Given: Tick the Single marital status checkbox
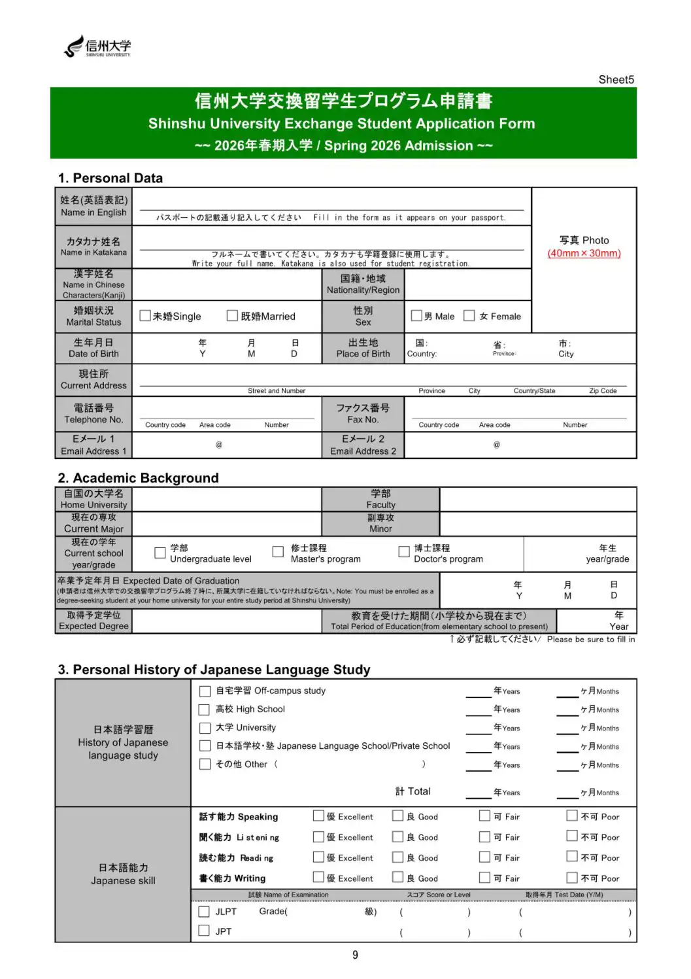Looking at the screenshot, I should coord(145,316).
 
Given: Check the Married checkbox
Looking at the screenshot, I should coord(232,316).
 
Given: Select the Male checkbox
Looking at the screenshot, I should coord(416,316).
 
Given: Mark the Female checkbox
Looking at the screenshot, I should coord(469,316).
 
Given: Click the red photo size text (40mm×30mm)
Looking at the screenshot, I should coord(584,253).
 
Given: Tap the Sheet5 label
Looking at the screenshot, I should coord(616,80).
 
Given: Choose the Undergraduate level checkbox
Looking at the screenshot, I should coord(160,553).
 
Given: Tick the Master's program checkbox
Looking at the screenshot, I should coord(278,552).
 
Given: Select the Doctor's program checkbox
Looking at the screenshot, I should coord(404,552).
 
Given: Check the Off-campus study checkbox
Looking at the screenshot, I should coord(205,691).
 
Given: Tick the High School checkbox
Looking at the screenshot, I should coord(204,710).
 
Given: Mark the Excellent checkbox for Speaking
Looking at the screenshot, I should coord(318,816).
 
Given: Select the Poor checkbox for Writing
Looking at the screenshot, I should coord(572,878).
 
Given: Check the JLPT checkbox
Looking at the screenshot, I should coord(204,912).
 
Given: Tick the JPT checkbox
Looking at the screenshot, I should coord(204,931).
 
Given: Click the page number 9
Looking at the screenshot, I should coord(355,955).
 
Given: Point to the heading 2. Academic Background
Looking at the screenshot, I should coord(138,478).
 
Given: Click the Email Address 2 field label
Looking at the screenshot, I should coord(363,445).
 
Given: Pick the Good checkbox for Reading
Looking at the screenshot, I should coord(397,857).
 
